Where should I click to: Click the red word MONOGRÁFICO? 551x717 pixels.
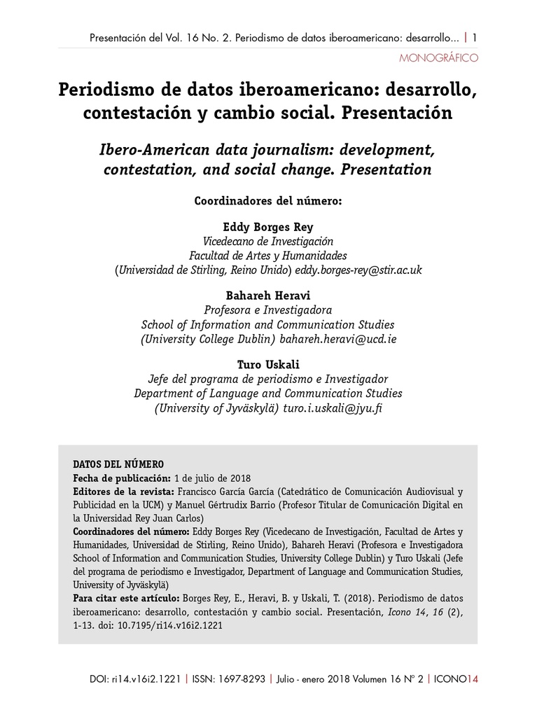[438, 57]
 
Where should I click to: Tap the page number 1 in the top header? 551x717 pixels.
[475, 37]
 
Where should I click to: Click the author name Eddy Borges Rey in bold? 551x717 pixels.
[267, 227]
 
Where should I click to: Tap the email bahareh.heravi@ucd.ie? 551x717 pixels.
[338, 338]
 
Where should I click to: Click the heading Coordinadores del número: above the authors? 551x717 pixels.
[267, 202]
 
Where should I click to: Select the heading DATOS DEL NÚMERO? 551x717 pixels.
[118, 464]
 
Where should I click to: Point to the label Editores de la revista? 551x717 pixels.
[124, 492]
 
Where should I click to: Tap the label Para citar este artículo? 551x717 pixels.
[127, 599]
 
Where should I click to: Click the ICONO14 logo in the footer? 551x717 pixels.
[456, 678]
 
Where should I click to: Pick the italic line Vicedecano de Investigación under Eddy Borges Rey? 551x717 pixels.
[267, 242]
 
